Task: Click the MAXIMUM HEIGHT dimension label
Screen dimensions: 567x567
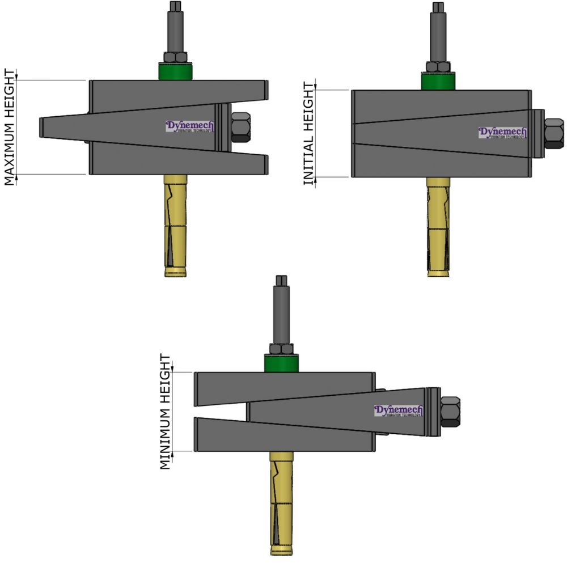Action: (10, 127)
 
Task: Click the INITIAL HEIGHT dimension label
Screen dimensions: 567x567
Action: (308, 134)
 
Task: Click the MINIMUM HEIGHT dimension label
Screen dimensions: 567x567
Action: (165, 412)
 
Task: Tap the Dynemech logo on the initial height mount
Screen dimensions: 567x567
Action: (502, 133)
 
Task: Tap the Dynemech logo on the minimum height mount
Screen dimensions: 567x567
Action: (398, 411)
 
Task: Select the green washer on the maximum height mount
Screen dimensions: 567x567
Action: (175, 72)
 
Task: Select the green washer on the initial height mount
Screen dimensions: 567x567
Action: (438, 81)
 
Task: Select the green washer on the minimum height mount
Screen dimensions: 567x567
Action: (281, 363)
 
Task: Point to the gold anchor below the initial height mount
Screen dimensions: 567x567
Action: (438, 227)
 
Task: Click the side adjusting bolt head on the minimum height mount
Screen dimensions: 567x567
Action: (450, 412)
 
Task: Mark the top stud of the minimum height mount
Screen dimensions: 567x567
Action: (281, 309)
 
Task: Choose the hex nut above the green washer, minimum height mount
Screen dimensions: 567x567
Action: (281, 349)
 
